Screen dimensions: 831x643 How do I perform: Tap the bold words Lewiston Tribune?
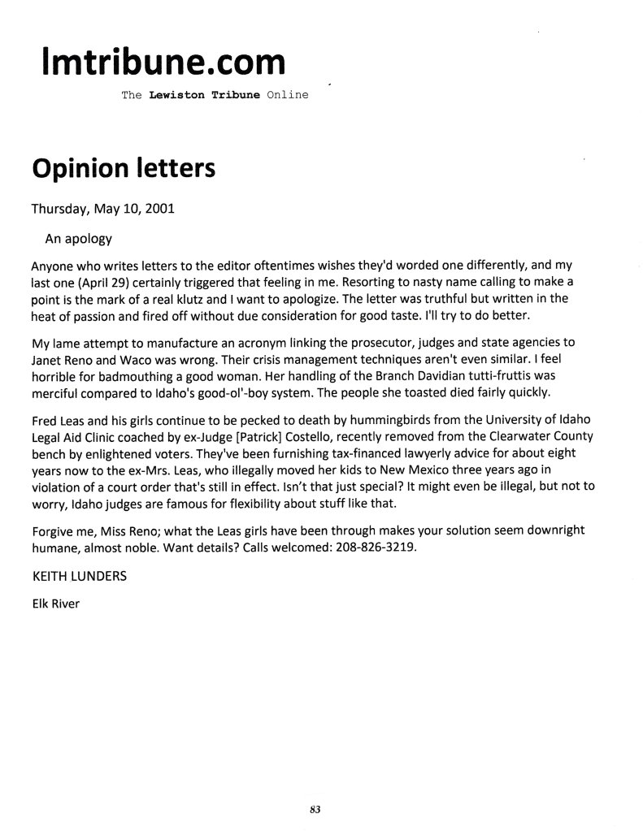(200, 95)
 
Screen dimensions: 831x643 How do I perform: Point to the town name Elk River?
(54, 604)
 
